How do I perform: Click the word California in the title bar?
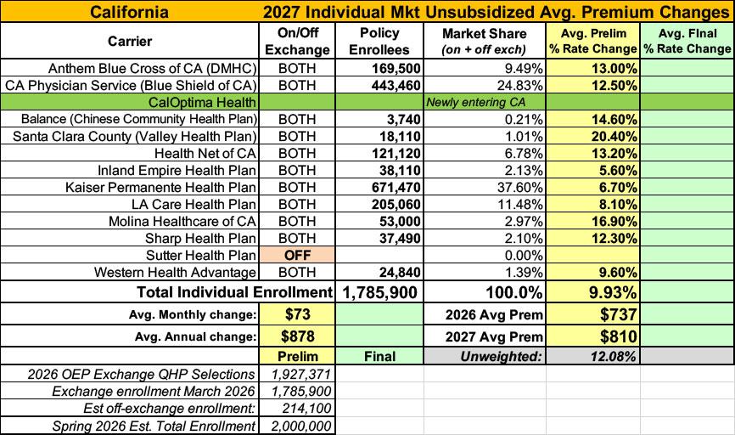pos(129,11)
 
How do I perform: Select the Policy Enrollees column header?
pos(379,41)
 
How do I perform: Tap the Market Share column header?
pos(485,41)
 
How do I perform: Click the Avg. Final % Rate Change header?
pos(687,41)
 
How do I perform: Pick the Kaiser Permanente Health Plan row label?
pos(160,187)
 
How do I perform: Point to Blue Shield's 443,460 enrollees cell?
pos(396,86)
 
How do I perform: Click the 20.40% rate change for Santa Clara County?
pos(614,137)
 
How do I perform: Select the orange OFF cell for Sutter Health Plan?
pos(297,255)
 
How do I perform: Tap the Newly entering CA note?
pos(475,102)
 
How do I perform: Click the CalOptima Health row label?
pos(202,102)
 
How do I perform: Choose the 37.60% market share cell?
pos(519,187)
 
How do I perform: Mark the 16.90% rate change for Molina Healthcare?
pos(614,221)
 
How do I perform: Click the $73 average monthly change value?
pos(297,314)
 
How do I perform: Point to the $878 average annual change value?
pos(297,336)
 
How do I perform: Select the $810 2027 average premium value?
pos(618,336)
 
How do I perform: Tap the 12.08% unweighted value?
pos(613,356)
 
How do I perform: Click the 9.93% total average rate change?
pos(613,292)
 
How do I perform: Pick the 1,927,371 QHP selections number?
pos(301,374)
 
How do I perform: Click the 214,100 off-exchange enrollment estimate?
pos(306,409)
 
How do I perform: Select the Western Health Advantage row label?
pos(175,272)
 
